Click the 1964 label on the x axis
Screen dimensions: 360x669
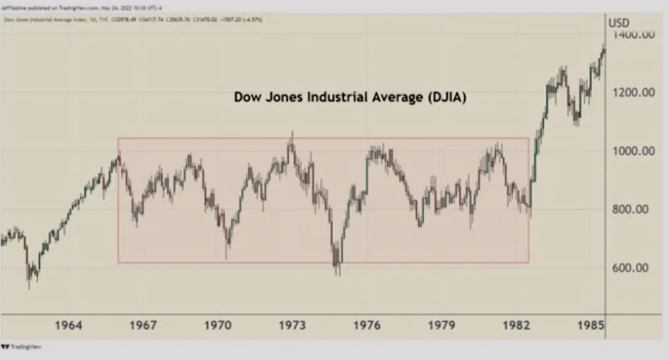[x=69, y=325]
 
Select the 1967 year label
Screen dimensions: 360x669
[x=143, y=325]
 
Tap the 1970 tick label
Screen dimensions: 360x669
[x=218, y=325]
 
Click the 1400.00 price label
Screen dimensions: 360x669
[x=633, y=35]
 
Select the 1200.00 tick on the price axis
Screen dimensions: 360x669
[x=633, y=92]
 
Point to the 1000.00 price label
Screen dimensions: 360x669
[x=633, y=151]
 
